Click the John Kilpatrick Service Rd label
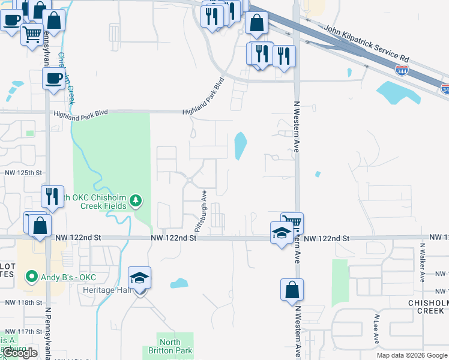(x=366, y=44)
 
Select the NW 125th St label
(x=23, y=173)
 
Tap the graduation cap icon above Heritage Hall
(x=140, y=278)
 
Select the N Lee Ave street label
(x=377, y=329)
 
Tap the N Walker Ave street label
(x=422, y=262)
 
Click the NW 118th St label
(x=22, y=303)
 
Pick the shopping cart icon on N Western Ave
(x=292, y=222)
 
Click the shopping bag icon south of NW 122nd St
(x=292, y=290)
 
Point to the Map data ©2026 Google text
(x=411, y=355)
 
